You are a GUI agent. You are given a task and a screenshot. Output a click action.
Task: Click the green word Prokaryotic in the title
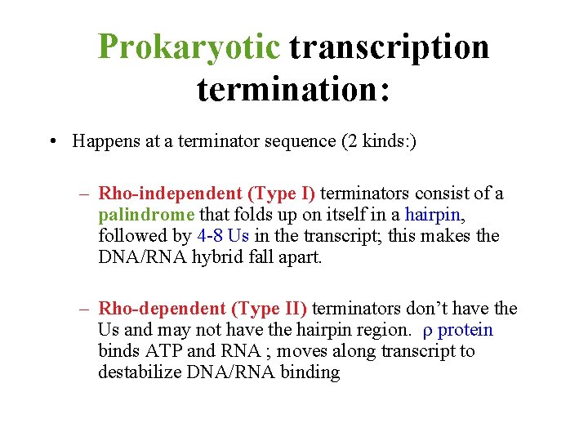[189, 47]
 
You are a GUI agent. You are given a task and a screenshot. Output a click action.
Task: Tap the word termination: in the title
[293, 87]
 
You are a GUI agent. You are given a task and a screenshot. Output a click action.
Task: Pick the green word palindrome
[145, 215]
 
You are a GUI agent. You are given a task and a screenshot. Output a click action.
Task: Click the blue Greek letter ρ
[427, 331]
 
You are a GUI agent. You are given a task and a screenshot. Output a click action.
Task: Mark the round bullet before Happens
[52, 142]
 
